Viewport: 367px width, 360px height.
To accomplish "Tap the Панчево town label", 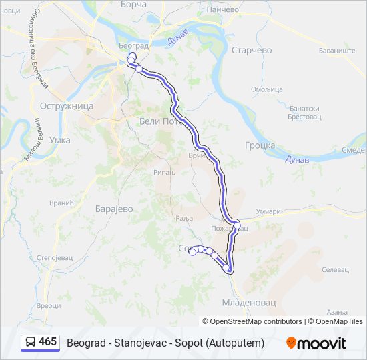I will pos(223,10).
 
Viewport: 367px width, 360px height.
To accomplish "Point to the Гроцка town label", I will pos(260,145).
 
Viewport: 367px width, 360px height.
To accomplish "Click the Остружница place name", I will pos(67,106).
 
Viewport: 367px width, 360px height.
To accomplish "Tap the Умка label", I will pos(60,140).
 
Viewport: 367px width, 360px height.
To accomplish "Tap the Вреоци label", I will pos(48,305).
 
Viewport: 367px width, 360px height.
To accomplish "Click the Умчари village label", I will pos(268,211).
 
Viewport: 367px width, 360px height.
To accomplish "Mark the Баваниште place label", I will pos(337,51).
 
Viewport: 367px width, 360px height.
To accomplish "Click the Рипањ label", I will pos(165,172).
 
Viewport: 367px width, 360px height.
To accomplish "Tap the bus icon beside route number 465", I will pos(31,343).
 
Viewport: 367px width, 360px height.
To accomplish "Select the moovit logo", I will pos(316,343).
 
